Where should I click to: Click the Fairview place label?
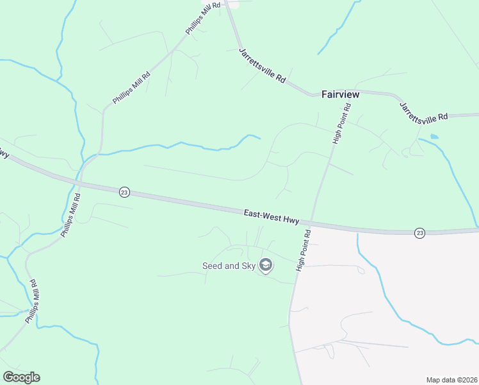340,94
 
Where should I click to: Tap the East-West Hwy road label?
272,217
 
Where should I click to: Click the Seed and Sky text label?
229,266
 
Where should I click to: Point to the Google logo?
21,377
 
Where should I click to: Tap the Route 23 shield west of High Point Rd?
124,192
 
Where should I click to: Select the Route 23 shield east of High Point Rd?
419,232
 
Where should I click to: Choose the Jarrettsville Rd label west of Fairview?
262,65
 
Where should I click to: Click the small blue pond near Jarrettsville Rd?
435,137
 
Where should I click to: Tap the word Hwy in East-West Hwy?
291,220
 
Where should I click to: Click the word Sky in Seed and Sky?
247,266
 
